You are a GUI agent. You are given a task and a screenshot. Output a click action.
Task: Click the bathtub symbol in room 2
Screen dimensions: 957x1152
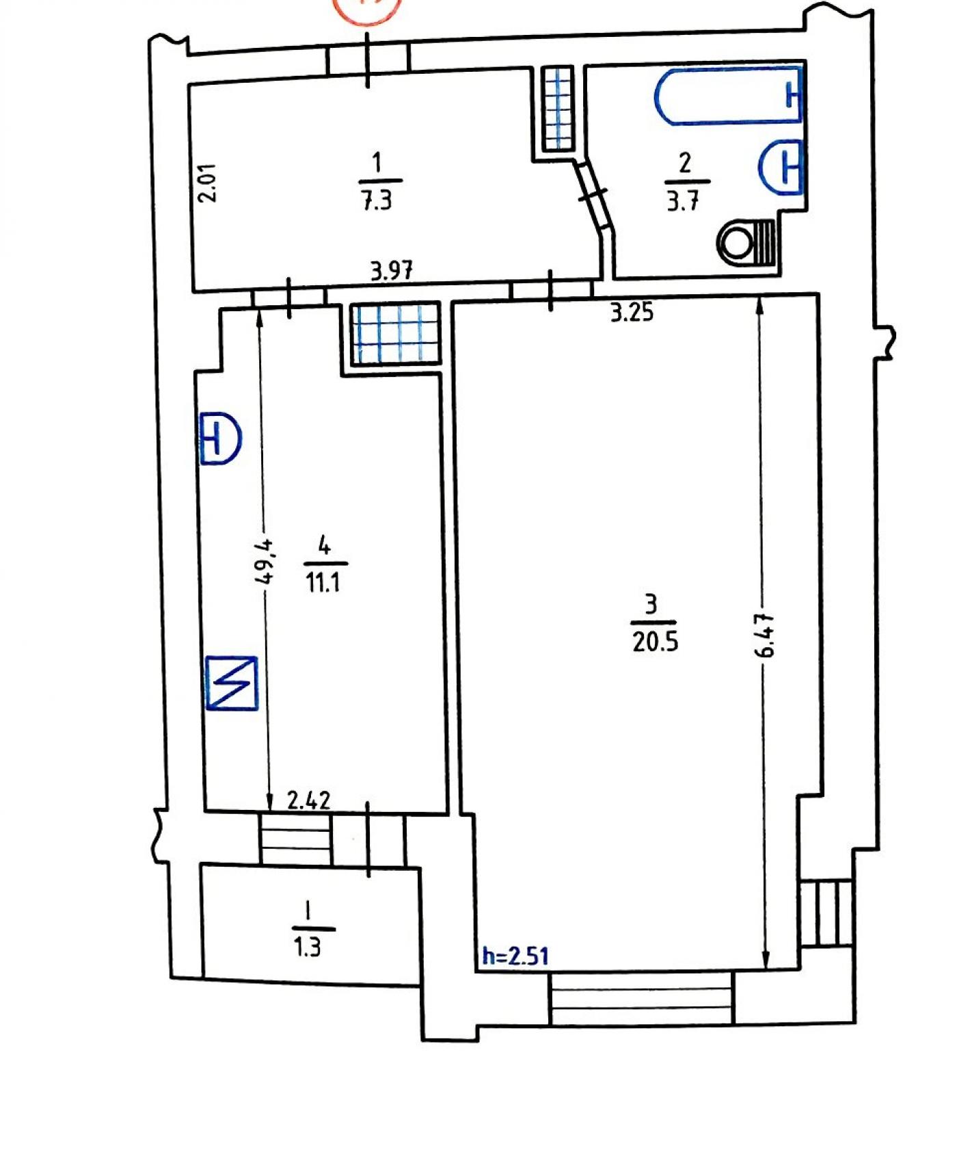[x=729, y=96]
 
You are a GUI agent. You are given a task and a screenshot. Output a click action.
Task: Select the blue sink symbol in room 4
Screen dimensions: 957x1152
[x=220, y=438]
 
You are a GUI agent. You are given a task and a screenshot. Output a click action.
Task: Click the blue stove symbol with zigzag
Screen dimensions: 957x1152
[x=232, y=683]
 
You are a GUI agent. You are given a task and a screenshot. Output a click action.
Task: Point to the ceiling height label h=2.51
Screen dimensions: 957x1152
[x=515, y=955]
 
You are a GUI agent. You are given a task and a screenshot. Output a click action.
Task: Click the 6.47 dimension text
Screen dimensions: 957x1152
[x=765, y=636]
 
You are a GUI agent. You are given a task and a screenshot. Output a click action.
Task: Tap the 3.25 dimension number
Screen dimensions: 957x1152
[x=632, y=313]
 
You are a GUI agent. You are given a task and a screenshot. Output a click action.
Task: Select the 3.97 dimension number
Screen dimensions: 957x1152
[x=392, y=272]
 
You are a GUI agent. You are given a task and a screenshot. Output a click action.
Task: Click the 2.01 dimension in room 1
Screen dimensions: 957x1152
[x=206, y=182]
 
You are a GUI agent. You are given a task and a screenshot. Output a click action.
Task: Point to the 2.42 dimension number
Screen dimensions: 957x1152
[x=309, y=800]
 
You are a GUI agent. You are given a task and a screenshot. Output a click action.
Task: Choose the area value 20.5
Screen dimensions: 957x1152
[x=655, y=642]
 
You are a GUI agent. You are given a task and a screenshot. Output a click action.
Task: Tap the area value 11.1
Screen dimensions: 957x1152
[x=323, y=583]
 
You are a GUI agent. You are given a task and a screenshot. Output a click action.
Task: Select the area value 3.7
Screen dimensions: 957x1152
[x=683, y=202]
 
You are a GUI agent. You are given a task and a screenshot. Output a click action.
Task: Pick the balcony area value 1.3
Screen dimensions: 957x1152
[x=307, y=947]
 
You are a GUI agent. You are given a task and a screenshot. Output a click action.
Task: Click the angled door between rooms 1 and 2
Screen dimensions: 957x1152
[x=592, y=194]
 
